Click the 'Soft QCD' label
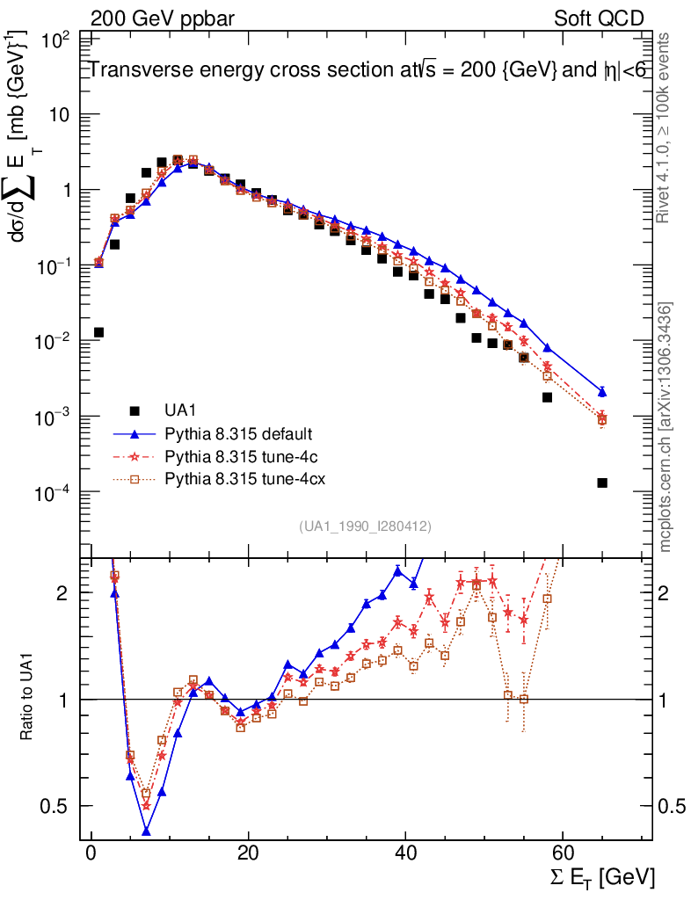tap(600, 18)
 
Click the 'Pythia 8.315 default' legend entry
tap(227, 434)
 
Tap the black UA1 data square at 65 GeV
tap(601, 483)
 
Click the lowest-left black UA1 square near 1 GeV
tap(99, 332)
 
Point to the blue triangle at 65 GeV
tap(601, 391)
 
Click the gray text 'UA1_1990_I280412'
tap(365, 526)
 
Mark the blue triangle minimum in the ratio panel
tap(147, 831)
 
